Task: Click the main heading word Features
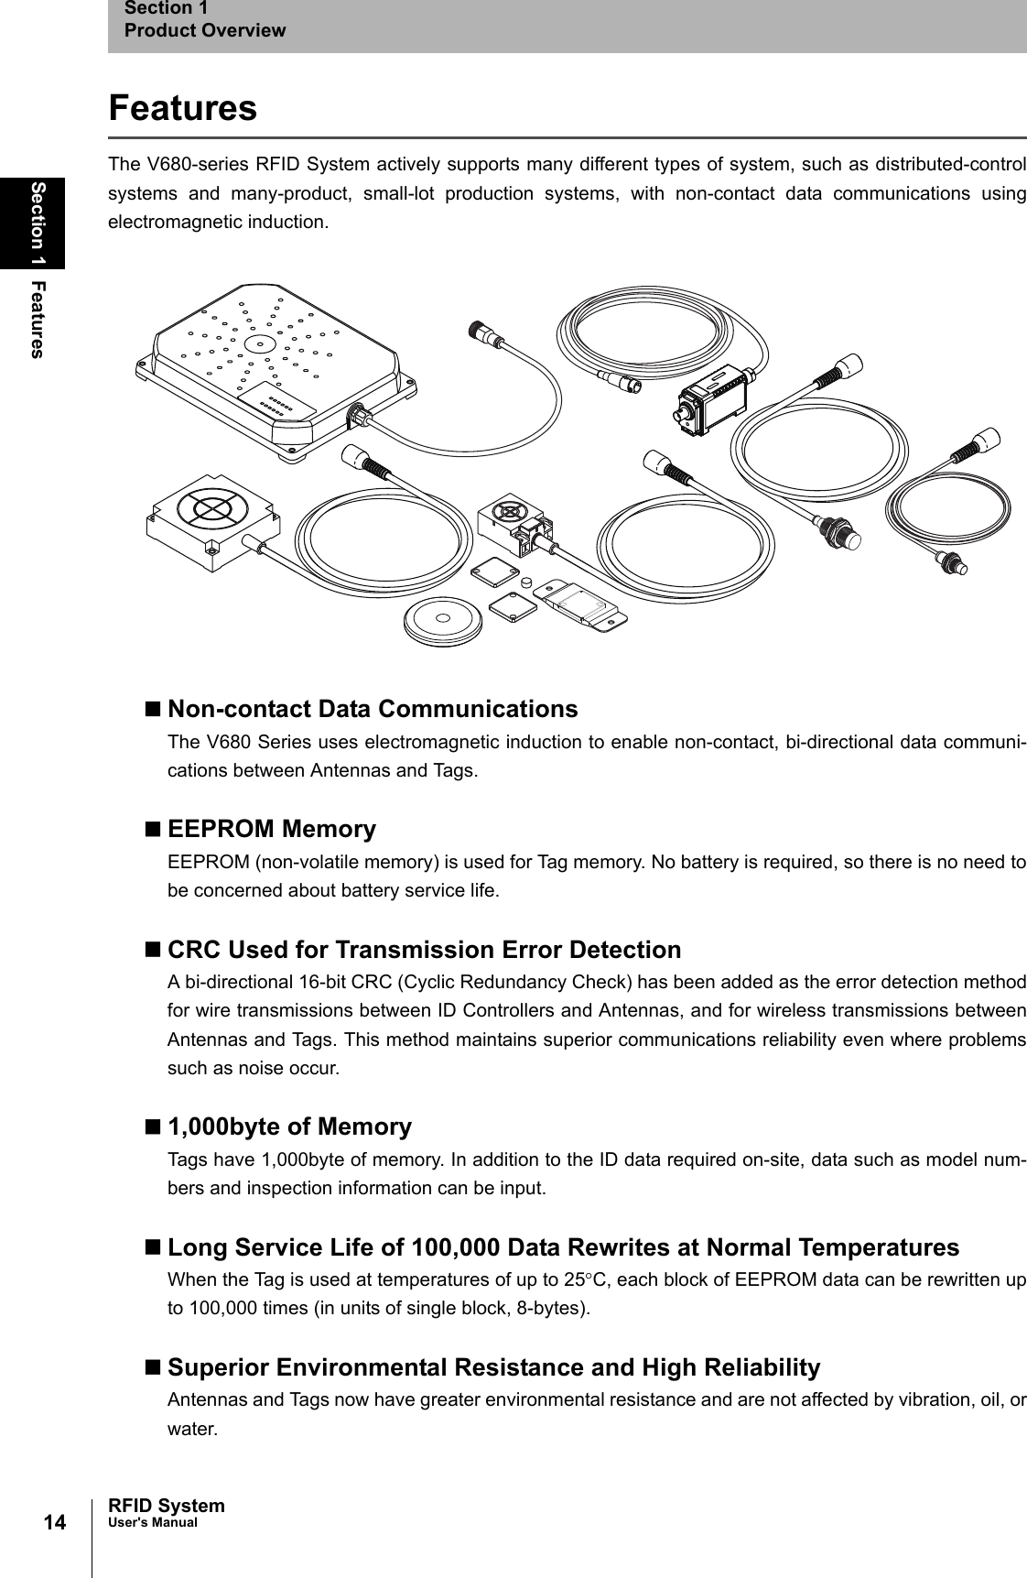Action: click(x=183, y=108)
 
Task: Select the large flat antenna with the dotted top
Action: click(x=275, y=366)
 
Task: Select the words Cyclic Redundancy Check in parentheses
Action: click(x=513, y=982)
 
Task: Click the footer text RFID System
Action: click(x=166, y=1506)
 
